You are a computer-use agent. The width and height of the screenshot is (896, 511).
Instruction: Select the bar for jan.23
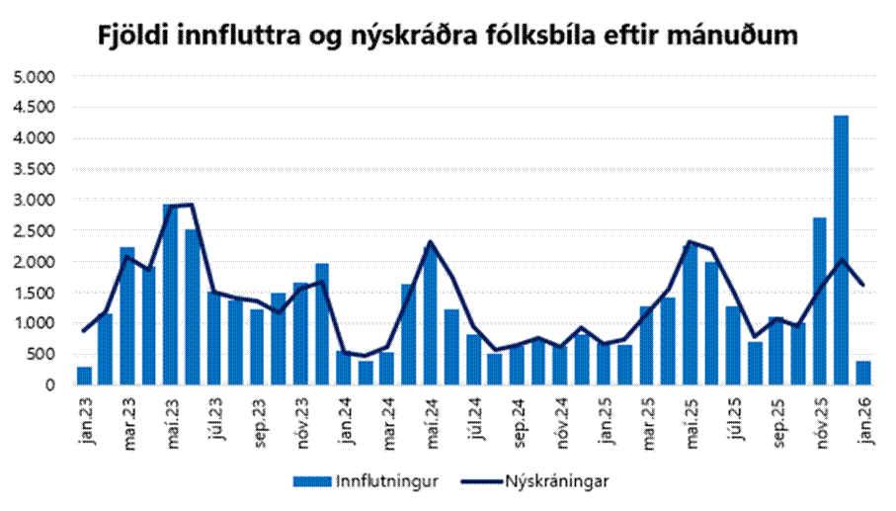pos(84,377)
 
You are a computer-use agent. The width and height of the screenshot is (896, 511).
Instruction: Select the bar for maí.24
pos(430,316)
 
